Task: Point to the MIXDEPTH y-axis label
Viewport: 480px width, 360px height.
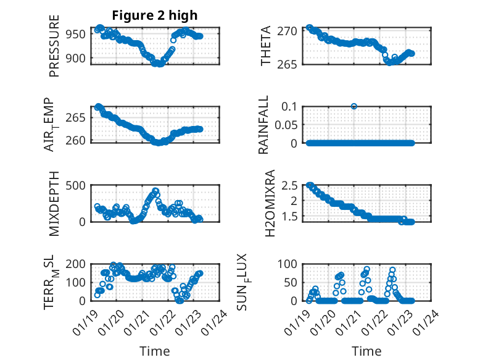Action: (x=54, y=203)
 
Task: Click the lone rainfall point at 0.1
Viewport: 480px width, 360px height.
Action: (x=354, y=106)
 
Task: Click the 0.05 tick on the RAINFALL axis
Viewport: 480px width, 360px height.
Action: (x=287, y=125)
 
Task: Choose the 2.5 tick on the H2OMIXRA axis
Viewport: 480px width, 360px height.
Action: (x=291, y=185)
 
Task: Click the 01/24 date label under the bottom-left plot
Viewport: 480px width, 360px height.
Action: (x=216, y=322)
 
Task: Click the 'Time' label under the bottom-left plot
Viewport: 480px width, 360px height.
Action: (x=154, y=351)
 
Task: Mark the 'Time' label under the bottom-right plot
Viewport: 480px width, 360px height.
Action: (x=366, y=351)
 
